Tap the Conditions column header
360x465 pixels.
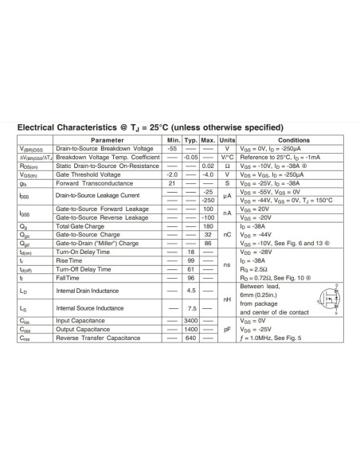[293, 140]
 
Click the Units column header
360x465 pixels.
[227, 140]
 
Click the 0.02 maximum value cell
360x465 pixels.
[208, 166]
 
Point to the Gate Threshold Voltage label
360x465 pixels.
[88, 174]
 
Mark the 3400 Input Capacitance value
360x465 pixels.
[190, 320]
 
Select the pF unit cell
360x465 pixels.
[227, 329]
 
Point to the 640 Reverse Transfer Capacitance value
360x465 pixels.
[190, 338]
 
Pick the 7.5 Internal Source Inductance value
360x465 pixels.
[190, 308]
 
